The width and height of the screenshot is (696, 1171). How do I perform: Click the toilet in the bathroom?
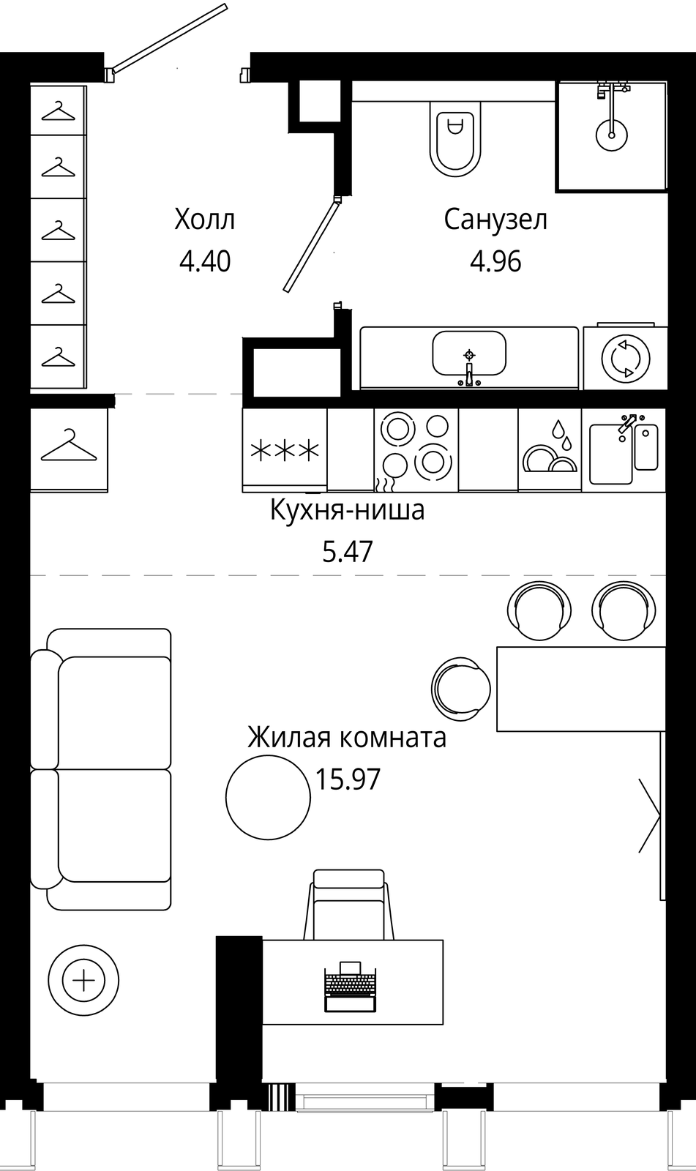[455, 138]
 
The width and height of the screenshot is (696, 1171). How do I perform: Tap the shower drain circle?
[611, 135]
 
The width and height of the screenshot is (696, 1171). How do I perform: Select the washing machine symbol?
[626, 359]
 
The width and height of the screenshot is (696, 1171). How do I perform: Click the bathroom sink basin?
[469, 353]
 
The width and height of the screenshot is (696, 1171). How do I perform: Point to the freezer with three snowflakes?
[285, 450]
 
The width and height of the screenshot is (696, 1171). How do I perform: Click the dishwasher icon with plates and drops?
[550, 449]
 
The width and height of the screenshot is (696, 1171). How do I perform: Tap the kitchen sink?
[624, 449]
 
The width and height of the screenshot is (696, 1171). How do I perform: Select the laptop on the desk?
[351, 985]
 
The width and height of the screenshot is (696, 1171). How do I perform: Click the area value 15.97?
[347, 779]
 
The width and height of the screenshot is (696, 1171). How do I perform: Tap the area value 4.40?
[204, 261]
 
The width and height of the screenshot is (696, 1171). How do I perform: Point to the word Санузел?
[495, 220]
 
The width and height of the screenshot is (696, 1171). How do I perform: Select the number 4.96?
[495, 261]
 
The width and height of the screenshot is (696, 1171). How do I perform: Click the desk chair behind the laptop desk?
[349, 905]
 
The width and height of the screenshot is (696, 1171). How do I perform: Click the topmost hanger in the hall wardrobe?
[59, 111]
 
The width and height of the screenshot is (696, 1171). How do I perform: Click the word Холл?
[204, 220]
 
